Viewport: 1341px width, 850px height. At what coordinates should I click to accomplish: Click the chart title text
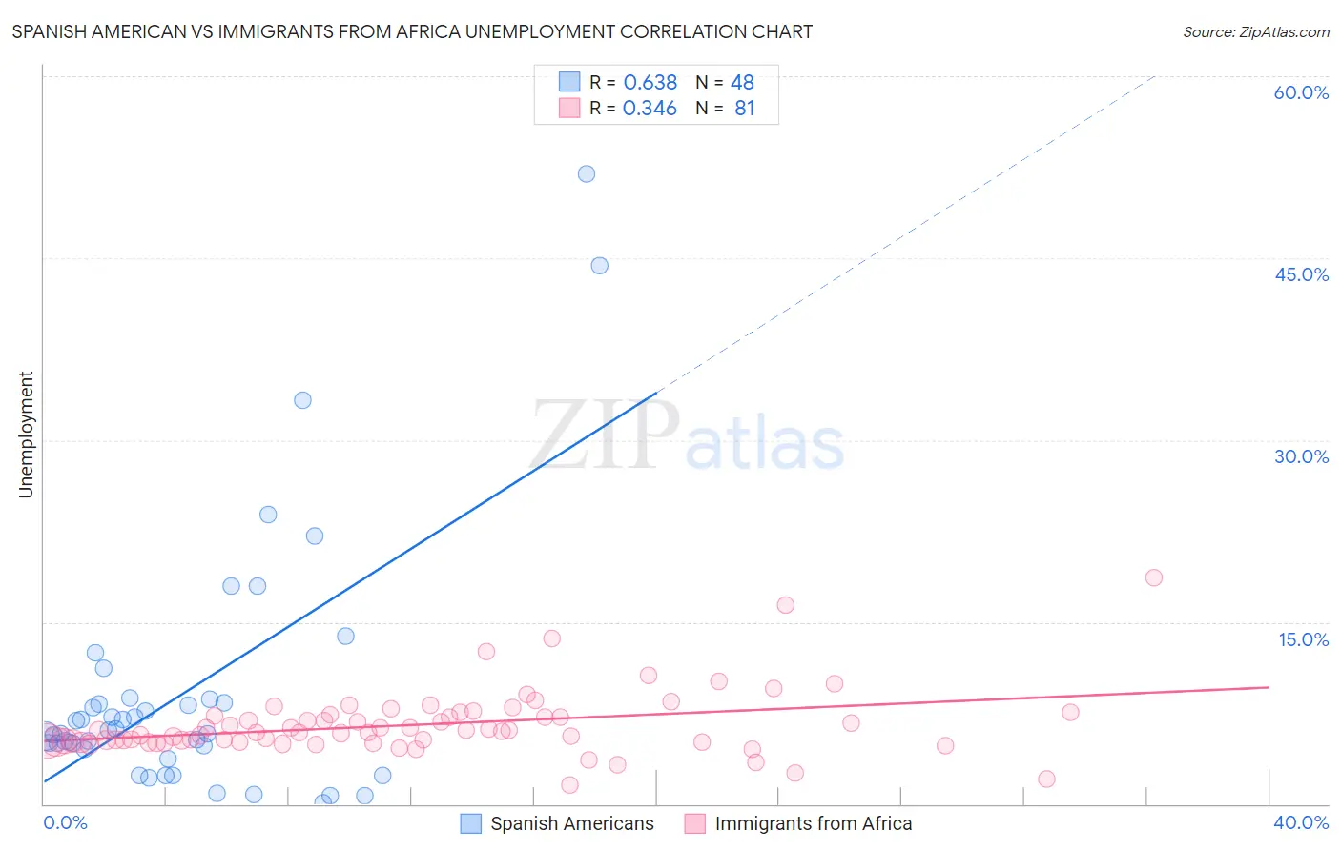click(x=412, y=31)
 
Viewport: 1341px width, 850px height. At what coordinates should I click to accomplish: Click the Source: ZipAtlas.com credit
click(x=1255, y=31)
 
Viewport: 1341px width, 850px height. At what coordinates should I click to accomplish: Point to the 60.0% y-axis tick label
click(x=1301, y=92)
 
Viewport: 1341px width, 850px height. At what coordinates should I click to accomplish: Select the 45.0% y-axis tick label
click(x=1301, y=274)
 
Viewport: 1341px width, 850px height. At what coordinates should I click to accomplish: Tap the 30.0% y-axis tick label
click(x=1301, y=456)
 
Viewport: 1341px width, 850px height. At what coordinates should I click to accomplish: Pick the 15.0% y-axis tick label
click(x=1303, y=639)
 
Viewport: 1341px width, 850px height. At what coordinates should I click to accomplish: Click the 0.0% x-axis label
click(x=65, y=822)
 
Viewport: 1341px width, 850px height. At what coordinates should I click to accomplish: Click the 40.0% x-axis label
click(x=1301, y=822)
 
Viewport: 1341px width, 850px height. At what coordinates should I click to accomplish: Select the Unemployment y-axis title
click(x=26, y=435)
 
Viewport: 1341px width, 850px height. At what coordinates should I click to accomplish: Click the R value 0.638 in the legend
click(x=650, y=83)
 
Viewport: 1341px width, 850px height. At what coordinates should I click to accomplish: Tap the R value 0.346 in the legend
click(x=650, y=109)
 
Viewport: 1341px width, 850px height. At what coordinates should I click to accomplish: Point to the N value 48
click(x=742, y=83)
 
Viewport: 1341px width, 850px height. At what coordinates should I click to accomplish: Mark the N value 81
click(x=744, y=109)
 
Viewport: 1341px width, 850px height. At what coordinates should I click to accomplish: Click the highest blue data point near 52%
click(x=587, y=173)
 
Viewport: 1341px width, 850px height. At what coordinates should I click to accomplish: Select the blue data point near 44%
click(x=599, y=266)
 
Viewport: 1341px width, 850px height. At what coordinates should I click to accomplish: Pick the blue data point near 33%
click(x=302, y=400)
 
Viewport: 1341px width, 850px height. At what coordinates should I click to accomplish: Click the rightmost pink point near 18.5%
click(x=1153, y=577)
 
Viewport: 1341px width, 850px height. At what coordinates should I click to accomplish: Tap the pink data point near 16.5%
click(x=785, y=605)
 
